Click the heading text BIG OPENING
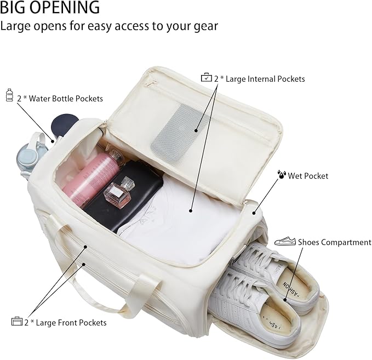(50, 8)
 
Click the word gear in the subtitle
(204, 26)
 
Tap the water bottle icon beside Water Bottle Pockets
(9, 95)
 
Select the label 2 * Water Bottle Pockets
(60, 99)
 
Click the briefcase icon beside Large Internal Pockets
(206, 78)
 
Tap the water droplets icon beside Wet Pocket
(281, 175)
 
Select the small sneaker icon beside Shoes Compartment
(285, 241)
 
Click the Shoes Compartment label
(334, 242)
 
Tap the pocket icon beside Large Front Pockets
(16, 322)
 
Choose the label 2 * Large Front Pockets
(65, 322)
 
